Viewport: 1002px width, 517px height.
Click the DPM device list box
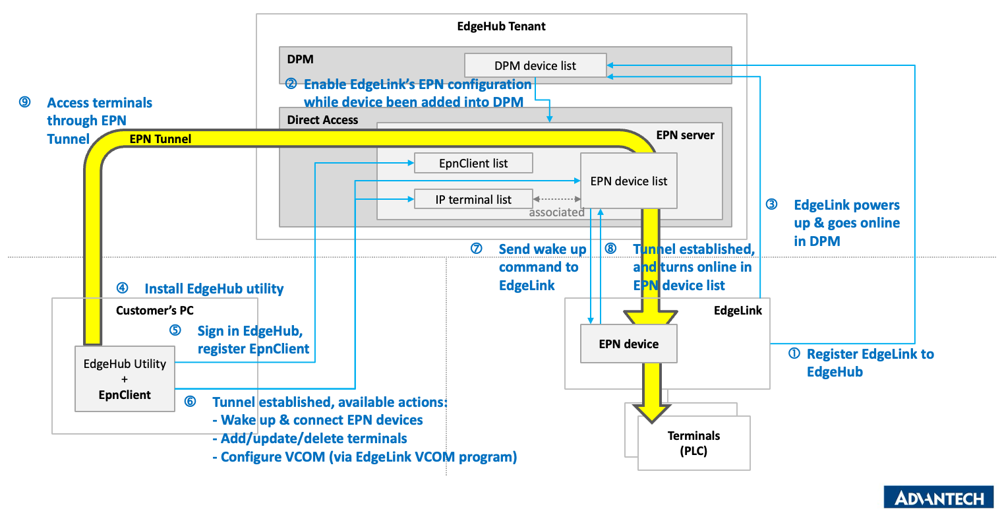(535, 65)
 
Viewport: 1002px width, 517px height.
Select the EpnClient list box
(473, 163)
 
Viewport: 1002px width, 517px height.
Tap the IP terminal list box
(473, 199)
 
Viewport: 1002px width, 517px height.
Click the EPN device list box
(628, 181)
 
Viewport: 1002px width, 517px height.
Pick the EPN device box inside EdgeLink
(628, 344)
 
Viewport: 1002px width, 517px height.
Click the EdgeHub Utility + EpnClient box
(125, 379)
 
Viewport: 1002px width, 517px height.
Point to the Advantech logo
(938, 498)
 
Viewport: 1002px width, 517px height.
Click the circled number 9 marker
(25, 102)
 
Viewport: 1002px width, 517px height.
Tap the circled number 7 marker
(477, 249)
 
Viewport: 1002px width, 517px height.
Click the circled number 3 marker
(771, 204)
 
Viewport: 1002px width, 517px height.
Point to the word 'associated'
(556, 212)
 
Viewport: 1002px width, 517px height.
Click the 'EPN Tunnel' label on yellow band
(160, 139)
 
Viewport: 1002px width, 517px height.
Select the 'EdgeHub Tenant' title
(501, 26)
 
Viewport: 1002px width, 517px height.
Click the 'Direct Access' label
(322, 120)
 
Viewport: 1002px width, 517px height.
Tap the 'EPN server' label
(685, 135)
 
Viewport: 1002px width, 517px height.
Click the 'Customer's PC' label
(155, 310)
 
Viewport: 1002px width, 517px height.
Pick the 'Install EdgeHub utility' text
(214, 288)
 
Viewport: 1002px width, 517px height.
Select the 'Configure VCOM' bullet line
(365, 456)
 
